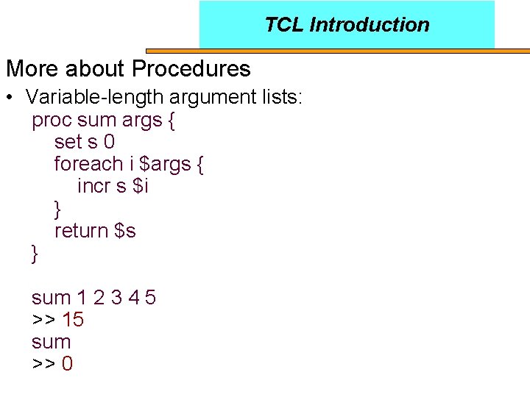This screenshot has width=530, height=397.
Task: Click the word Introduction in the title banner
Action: tap(370, 25)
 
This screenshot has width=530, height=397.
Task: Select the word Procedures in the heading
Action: tap(191, 69)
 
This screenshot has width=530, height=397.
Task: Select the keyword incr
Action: tap(93, 186)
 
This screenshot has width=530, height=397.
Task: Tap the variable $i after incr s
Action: tap(141, 186)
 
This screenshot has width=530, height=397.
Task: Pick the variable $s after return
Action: tap(126, 231)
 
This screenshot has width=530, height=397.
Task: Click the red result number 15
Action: tap(73, 320)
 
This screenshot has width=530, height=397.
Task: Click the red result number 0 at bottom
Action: tap(67, 364)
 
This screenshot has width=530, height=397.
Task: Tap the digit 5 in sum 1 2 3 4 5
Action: tap(150, 298)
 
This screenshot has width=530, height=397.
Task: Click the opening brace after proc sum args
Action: tap(171, 120)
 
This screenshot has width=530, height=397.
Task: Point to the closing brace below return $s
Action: tap(35, 254)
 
